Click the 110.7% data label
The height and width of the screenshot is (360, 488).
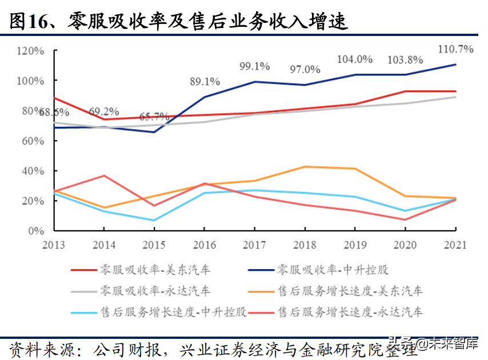coord(455,49)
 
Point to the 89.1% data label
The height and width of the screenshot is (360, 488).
coord(204,82)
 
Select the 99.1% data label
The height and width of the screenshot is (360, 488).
coord(254,66)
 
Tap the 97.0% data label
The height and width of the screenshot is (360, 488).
coord(305,70)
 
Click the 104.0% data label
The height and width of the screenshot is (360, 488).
coord(354,59)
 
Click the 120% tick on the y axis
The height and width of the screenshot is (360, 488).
coord(30,51)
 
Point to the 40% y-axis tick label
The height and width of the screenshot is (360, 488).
coord(32,171)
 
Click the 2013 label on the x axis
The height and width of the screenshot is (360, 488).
coord(53,245)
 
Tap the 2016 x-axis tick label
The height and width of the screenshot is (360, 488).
coord(204,245)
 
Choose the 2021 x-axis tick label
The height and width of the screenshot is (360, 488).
coord(455,245)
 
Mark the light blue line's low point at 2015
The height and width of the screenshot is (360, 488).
coord(154,220)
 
